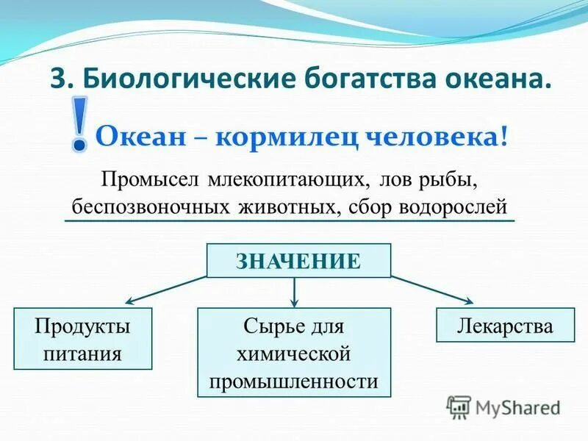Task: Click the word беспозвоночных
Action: click(152, 206)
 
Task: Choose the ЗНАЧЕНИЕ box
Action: click(298, 261)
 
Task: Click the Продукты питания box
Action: click(82, 339)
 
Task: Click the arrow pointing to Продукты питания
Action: click(165, 289)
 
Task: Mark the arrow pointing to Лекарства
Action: click(432, 289)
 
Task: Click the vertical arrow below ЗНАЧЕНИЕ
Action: click(295, 293)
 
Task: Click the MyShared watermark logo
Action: click(503, 407)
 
